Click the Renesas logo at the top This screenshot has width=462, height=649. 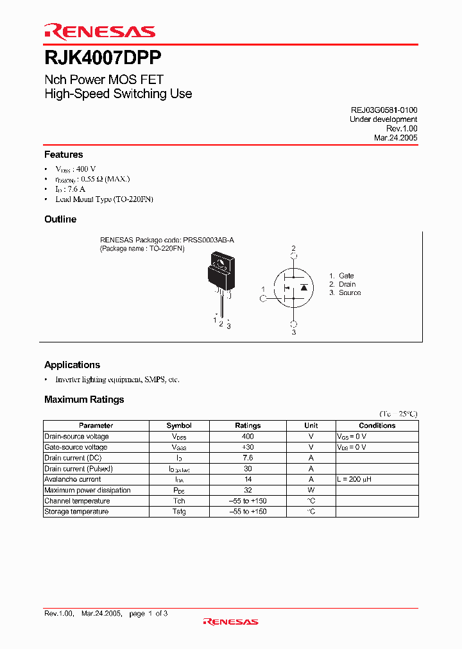[99, 31]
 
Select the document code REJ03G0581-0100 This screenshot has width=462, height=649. [384, 110]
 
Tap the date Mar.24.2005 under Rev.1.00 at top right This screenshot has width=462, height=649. [395, 137]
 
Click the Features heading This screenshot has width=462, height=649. [64, 155]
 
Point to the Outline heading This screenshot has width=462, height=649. [60, 219]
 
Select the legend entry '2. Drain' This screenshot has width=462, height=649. [343, 284]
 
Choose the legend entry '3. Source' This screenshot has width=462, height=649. [345, 292]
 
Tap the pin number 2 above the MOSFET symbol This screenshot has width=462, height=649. [294, 248]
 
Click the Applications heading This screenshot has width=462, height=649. [72, 365]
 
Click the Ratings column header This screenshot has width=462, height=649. [248, 425]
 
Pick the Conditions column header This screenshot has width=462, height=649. [377, 425]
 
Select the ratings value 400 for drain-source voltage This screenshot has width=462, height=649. [248, 436]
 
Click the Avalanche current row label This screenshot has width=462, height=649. [73, 479]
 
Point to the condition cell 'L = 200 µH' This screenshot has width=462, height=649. [354, 479]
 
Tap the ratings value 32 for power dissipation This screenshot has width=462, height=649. [248, 490]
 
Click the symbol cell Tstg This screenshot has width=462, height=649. [179, 512]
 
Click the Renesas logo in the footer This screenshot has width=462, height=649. [230, 621]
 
